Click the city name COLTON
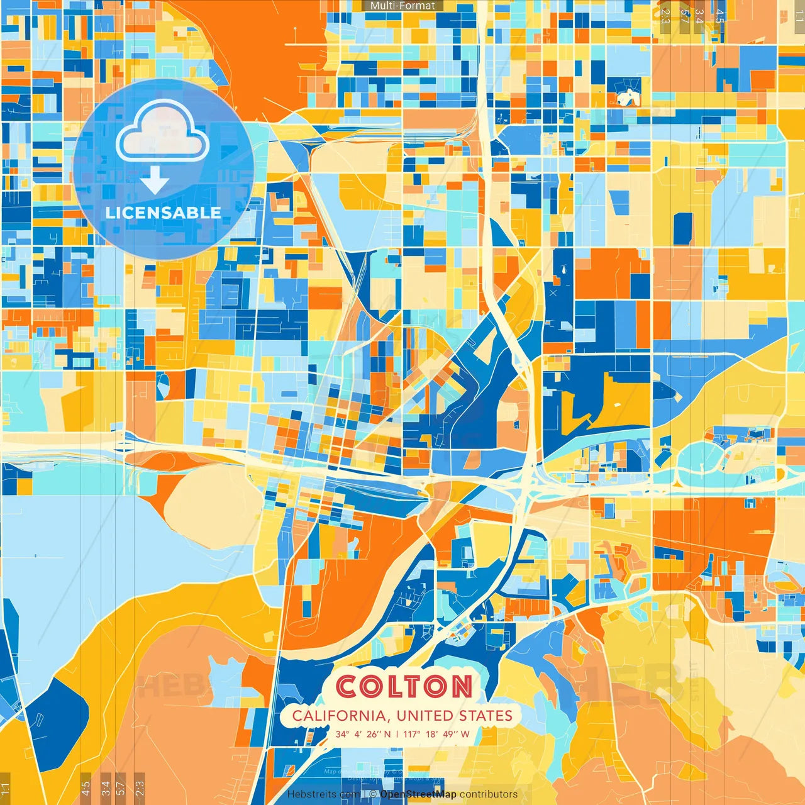coord(404,686)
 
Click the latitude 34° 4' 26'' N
coord(363,734)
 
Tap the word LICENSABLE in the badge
coord(163,213)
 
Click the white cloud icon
coord(162,132)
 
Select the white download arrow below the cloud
coord(155,182)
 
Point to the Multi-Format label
coord(402,6)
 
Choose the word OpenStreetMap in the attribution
coord(418,794)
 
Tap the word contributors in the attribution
coord(489,794)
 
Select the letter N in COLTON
coord(460,686)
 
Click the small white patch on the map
coord(626,98)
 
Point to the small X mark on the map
coord(553,292)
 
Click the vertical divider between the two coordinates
coord(397,734)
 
